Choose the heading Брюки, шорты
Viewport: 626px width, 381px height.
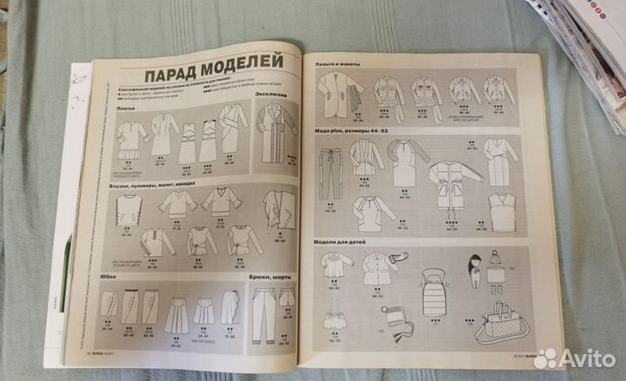261,279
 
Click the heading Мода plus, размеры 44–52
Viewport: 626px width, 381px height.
354,130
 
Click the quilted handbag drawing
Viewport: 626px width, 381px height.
502,325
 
